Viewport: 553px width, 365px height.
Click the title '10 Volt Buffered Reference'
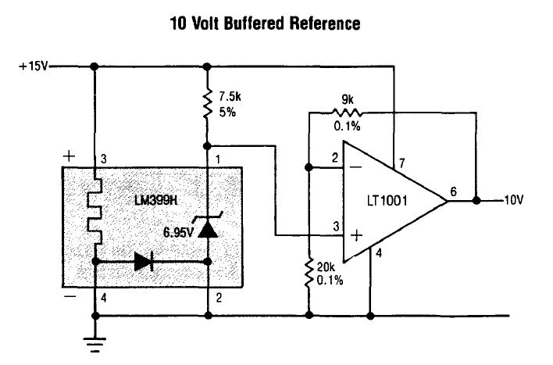(x=266, y=24)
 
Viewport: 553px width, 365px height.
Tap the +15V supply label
(x=32, y=66)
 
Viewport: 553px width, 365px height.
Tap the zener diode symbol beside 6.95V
(x=208, y=229)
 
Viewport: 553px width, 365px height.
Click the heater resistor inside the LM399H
(x=95, y=214)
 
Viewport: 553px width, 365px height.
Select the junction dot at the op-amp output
(x=476, y=201)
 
